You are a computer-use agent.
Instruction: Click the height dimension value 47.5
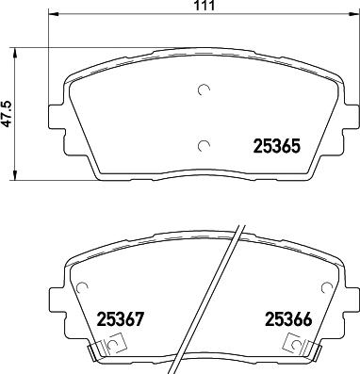click(8, 111)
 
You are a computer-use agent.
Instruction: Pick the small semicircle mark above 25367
click(83, 288)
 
